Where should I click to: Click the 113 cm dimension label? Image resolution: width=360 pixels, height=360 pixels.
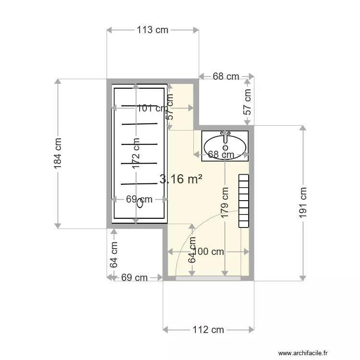[x=153, y=30]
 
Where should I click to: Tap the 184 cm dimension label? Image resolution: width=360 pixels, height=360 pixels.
[x=58, y=154]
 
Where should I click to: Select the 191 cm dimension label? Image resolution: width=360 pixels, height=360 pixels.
[x=303, y=203]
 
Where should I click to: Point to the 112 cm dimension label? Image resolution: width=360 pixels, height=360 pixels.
[x=208, y=330]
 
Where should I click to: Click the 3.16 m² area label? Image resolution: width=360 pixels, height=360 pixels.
[x=181, y=179]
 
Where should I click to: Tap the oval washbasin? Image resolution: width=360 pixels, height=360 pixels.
[x=225, y=147]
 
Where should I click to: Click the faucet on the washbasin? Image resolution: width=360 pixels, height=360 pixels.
[x=226, y=136]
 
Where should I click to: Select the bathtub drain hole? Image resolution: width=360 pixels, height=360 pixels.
[x=140, y=204]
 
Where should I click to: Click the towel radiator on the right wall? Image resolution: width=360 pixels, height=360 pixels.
[x=243, y=201]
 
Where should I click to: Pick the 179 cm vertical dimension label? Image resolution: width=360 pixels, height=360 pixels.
[x=225, y=203]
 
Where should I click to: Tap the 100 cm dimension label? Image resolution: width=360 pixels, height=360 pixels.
[x=208, y=252]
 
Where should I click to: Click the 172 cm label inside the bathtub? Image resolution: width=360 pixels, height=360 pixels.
[x=136, y=154]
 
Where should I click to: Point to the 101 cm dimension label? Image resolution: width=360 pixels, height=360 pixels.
[x=153, y=108]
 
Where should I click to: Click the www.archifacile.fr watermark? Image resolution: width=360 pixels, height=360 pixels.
[x=303, y=353]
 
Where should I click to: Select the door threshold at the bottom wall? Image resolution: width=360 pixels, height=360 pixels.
[x=208, y=278]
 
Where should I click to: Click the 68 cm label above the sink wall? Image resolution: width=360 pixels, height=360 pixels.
[x=226, y=76]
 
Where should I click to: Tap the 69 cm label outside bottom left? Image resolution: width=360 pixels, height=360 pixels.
[x=134, y=277]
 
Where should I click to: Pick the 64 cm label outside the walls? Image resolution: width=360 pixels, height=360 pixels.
[x=114, y=254]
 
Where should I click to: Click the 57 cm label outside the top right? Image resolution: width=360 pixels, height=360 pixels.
[x=247, y=102]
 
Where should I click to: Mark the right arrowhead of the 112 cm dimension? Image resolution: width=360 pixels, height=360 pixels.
[x=252, y=330]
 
